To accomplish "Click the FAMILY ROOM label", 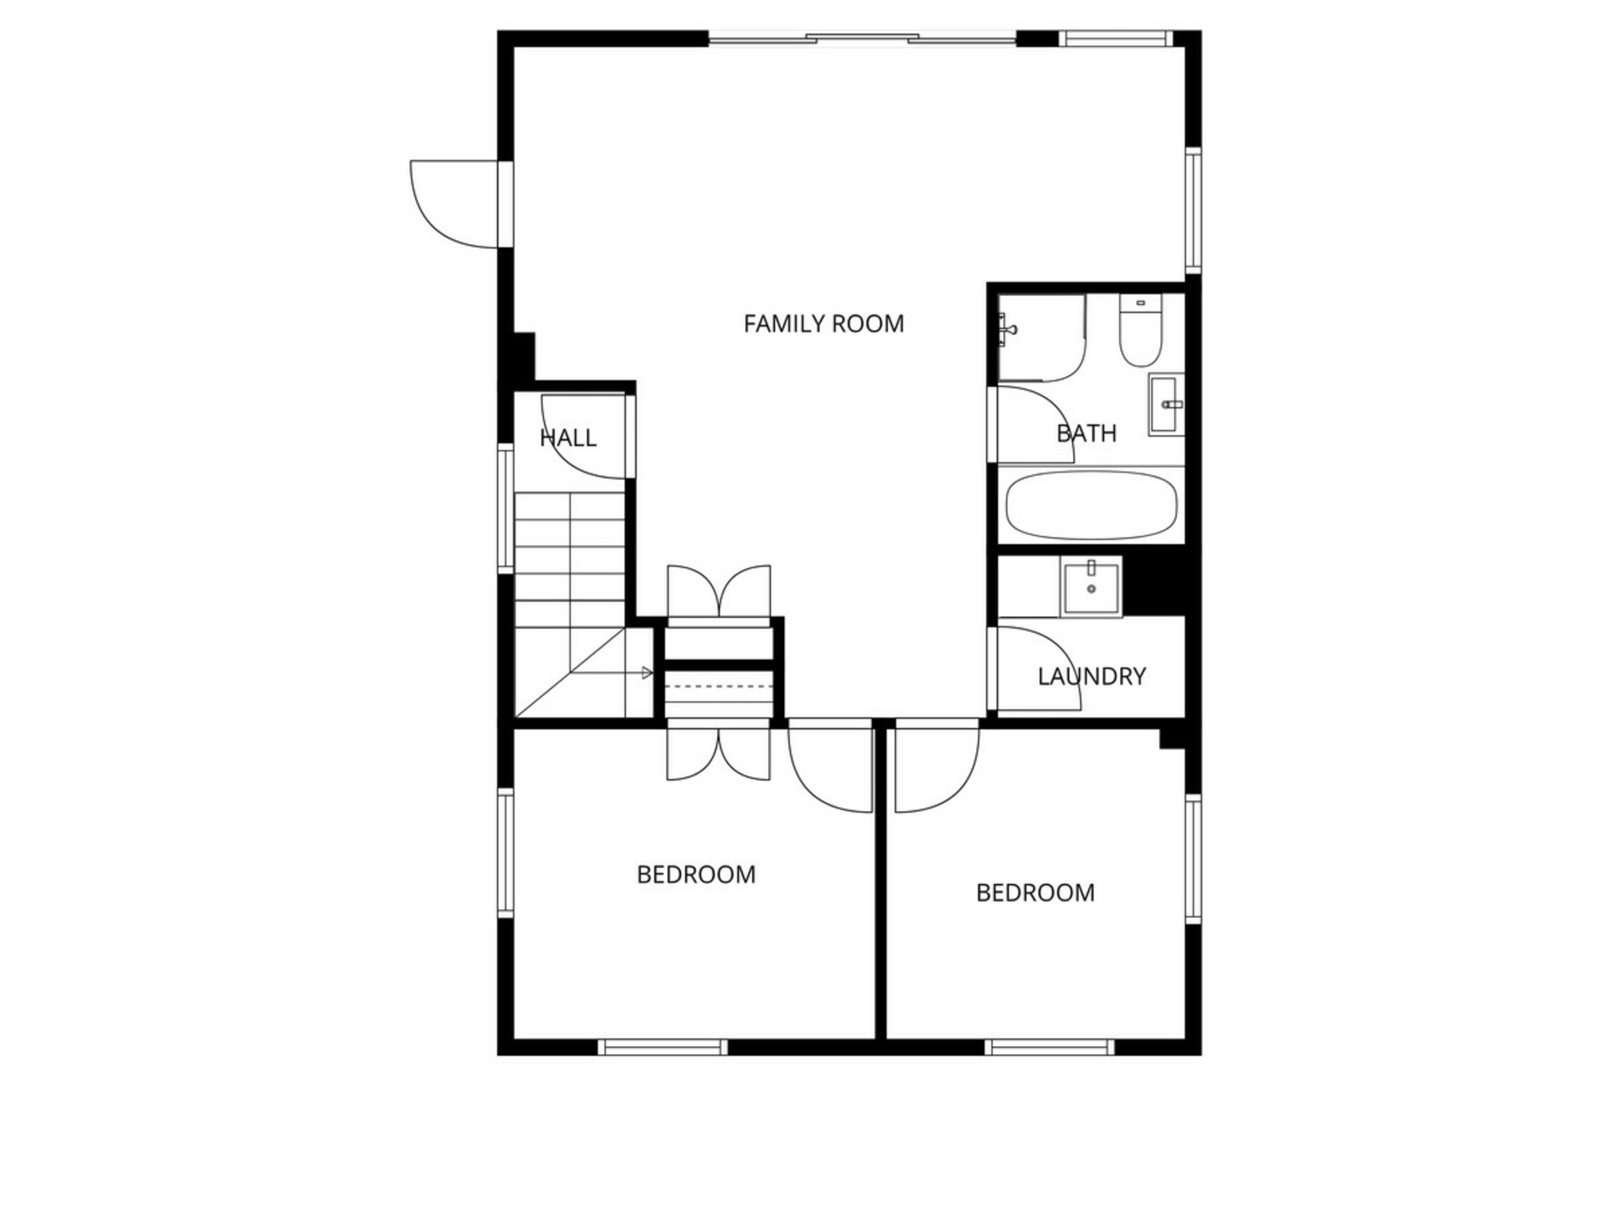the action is [824, 323].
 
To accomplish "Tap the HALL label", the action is [568, 437].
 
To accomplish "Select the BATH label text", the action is [1086, 433].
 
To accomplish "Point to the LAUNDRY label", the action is [1091, 676].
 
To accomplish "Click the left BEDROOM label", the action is [696, 875].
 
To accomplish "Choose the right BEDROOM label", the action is [1035, 892].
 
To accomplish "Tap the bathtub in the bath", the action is [1091, 505].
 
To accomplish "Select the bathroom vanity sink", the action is [1165, 404].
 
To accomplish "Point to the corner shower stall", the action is [1041, 338].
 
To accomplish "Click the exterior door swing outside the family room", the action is [454, 204].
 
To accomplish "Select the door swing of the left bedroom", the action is [830, 766].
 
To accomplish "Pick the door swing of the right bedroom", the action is [937, 766].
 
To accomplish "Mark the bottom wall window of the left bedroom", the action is [663, 1047].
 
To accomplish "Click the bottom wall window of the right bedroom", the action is [1049, 1047].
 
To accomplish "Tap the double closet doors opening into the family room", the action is [719, 592].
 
